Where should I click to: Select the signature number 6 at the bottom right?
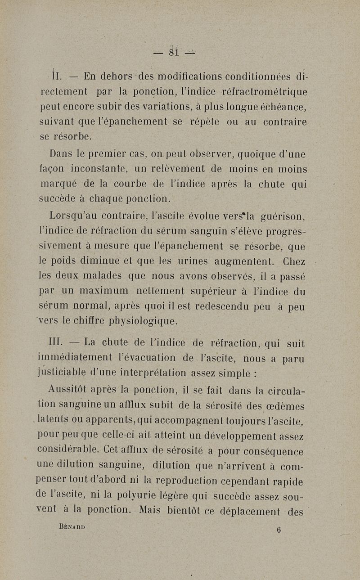[x=279, y=530]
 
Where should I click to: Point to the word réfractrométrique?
[x=265, y=92]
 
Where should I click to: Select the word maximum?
[x=102, y=292]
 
